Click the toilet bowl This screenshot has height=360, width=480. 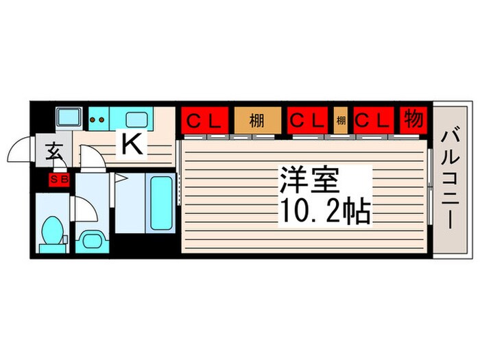click(x=51, y=232)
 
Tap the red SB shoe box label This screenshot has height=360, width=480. click(x=57, y=181)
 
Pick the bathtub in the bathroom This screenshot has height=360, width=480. click(x=160, y=204)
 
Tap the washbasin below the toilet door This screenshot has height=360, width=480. click(x=90, y=239)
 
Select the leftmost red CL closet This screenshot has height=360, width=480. click(x=204, y=121)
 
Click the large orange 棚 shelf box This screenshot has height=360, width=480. click(x=257, y=121)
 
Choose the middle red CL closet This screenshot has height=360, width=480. click(x=308, y=121)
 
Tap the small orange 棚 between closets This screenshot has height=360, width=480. click(x=341, y=121)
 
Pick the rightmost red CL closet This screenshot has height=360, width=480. click(x=372, y=121)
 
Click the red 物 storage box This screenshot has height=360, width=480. click(x=412, y=120)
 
